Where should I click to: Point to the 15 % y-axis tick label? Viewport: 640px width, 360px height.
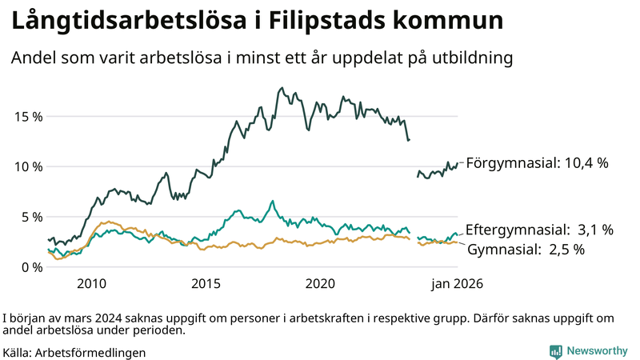28,116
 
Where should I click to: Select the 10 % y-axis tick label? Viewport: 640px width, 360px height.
28,166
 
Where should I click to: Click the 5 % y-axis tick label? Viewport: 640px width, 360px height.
31,217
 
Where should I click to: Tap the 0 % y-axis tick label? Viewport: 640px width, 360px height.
31,267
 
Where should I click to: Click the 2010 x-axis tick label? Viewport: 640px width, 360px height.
91,284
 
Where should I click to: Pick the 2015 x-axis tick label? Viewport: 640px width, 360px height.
206,284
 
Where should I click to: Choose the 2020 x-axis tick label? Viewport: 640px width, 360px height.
321,284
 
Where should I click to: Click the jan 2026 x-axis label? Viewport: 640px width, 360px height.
458,284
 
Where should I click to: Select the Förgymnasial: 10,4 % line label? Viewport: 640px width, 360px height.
538,162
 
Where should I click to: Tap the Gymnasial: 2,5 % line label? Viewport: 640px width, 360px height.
526,250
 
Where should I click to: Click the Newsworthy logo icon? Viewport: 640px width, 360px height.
555,351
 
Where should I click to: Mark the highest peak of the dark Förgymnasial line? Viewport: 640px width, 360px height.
282,88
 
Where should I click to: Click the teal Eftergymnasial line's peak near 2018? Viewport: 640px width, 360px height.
272,201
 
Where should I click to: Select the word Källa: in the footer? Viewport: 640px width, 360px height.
18,352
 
